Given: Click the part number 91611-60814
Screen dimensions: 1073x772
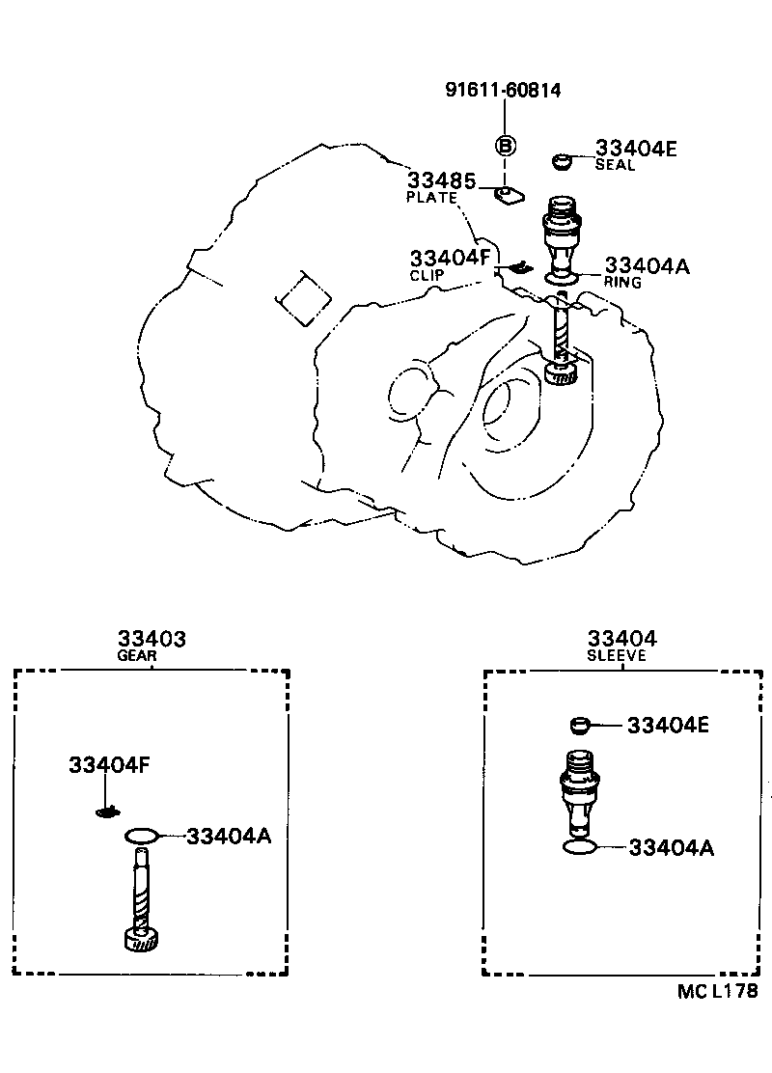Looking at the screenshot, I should [503, 91].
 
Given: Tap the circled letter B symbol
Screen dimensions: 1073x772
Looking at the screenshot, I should [505, 146].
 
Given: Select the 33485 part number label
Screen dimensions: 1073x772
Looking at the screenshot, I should [441, 180].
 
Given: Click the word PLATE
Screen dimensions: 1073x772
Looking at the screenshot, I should [431, 198].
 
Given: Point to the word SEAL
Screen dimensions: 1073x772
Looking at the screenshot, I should [615, 165].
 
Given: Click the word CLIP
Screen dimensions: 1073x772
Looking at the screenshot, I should [427, 275].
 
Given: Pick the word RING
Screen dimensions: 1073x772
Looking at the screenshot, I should [622, 282].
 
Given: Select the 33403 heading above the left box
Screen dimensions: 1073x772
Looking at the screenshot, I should [152, 639].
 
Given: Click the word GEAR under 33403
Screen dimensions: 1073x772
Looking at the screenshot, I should [138, 655].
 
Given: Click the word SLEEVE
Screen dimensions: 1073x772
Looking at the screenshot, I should [616, 655].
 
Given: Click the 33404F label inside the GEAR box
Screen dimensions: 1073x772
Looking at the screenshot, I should [108, 766].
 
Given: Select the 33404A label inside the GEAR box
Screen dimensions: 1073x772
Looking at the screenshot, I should [229, 836].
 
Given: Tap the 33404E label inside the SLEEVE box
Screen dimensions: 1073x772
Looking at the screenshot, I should [668, 725].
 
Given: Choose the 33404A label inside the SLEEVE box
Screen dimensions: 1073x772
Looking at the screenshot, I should [671, 848].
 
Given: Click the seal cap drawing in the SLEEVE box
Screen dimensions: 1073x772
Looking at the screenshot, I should [579, 725].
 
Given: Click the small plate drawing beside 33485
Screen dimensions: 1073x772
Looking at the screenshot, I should [508, 196].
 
